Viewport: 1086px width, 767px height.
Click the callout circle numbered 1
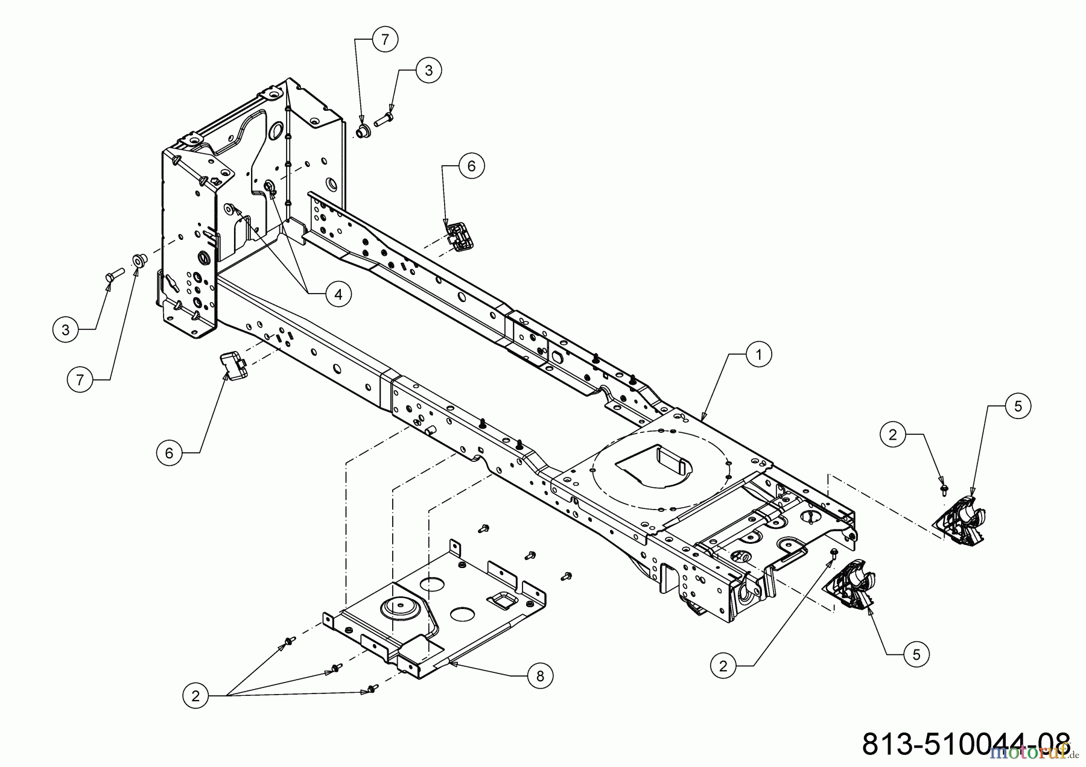759,355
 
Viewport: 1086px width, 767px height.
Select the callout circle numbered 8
539,676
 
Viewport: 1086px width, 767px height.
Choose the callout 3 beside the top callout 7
428,71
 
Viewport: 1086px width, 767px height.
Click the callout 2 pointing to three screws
195,696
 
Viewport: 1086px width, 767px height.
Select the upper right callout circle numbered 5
1018,406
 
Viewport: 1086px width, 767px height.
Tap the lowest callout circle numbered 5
916,654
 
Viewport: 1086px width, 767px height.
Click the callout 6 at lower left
169,452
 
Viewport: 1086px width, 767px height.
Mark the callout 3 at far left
65,329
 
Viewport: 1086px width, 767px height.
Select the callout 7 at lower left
80,380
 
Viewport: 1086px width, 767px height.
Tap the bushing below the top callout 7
363,131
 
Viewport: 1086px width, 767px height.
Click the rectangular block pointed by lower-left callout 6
233,364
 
